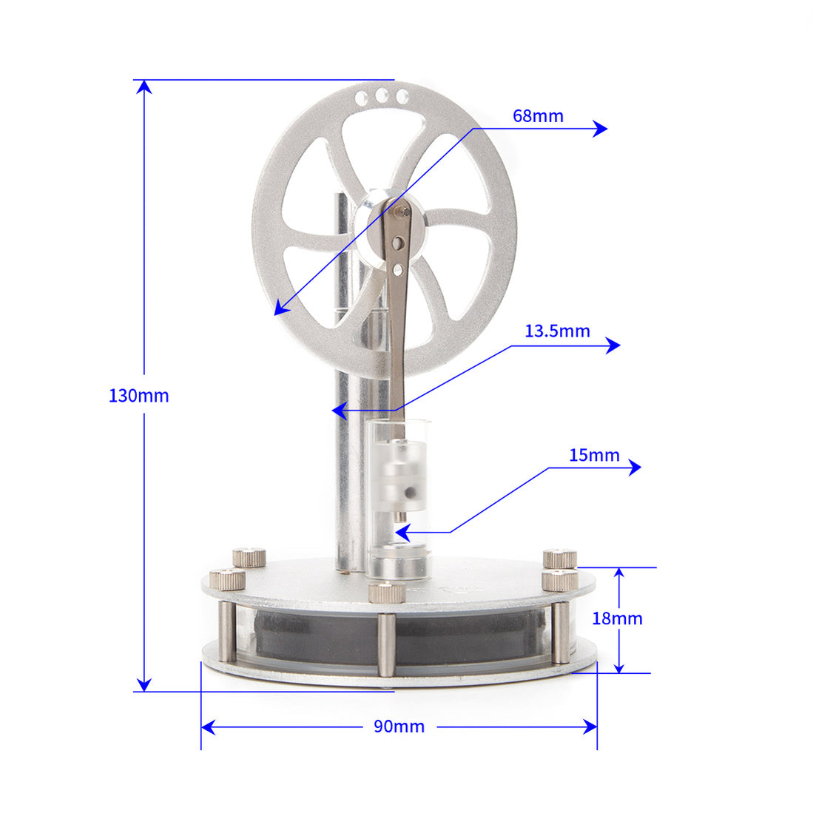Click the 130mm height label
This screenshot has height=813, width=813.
pos(138,396)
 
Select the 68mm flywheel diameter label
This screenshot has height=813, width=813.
pos(538,116)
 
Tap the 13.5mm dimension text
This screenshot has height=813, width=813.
pos(557,331)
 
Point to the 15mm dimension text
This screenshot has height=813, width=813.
pos(594,455)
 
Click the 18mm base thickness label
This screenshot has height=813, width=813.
pos(617,618)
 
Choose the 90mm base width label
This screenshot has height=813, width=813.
pos(399,726)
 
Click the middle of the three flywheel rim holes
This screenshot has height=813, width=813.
pos(382,96)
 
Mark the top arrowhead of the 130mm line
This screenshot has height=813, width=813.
pos(144,86)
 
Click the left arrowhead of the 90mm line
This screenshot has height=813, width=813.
pos(208,727)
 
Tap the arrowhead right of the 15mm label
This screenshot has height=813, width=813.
pos(634,468)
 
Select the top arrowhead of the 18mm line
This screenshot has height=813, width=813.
pos(619,574)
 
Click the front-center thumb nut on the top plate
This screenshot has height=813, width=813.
pos(387,593)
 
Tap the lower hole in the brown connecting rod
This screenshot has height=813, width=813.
pos(398,270)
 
